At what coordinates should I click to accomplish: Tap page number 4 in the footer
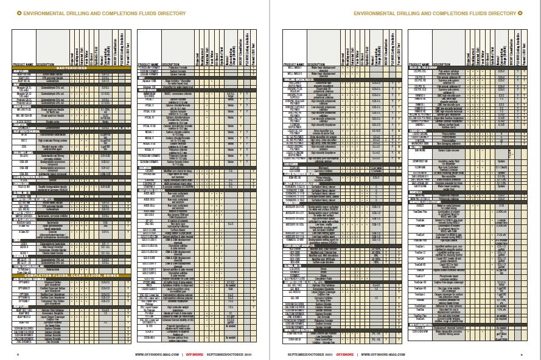18,354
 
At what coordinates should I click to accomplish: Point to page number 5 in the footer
522,354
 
